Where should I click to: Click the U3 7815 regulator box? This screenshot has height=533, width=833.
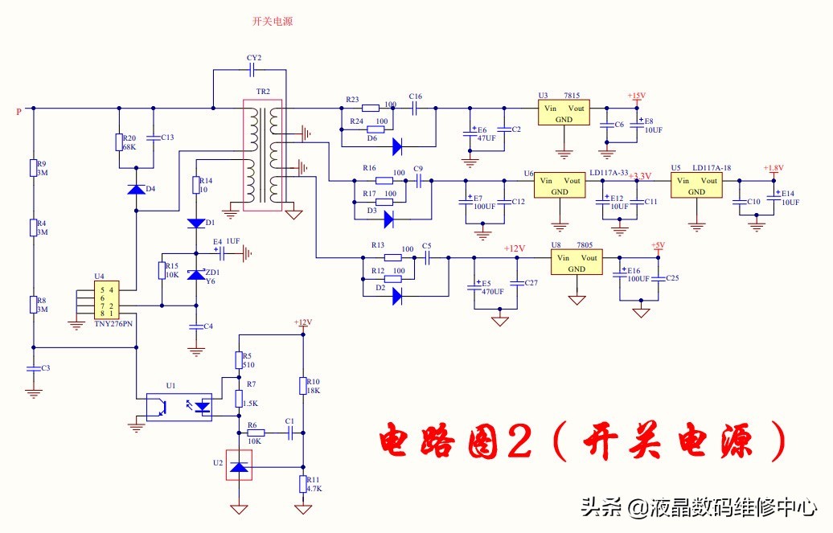click(x=564, y=113)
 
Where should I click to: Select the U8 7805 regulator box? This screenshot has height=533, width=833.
click(x=576, y=263)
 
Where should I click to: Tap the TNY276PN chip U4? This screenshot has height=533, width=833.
click(x=106, y=300)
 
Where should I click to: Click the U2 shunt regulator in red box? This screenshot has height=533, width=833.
click(x=238, y=467)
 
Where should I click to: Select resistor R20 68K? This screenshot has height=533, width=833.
click(x=120, y=142)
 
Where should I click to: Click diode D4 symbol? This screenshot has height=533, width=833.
click(x=136, y=190)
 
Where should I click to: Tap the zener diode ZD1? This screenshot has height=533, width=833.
click(x=195, y=275)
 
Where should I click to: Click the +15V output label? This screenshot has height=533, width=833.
click(x=636, y=96)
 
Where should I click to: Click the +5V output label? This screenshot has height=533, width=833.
click(x=657, y=245)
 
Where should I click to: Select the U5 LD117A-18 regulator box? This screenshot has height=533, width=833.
click(x=696, y=187)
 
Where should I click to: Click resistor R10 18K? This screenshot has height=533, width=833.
click(x=303, y=386)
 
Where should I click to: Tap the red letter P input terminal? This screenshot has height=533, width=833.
click(x=18, y=112)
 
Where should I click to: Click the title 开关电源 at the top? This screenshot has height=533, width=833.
click(x=273, y=22)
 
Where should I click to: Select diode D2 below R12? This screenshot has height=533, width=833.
click(x=398, y=295)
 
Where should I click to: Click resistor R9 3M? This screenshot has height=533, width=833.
click(x=33, y=167)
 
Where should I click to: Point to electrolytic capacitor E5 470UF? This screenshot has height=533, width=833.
click(x=474, y=286)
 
